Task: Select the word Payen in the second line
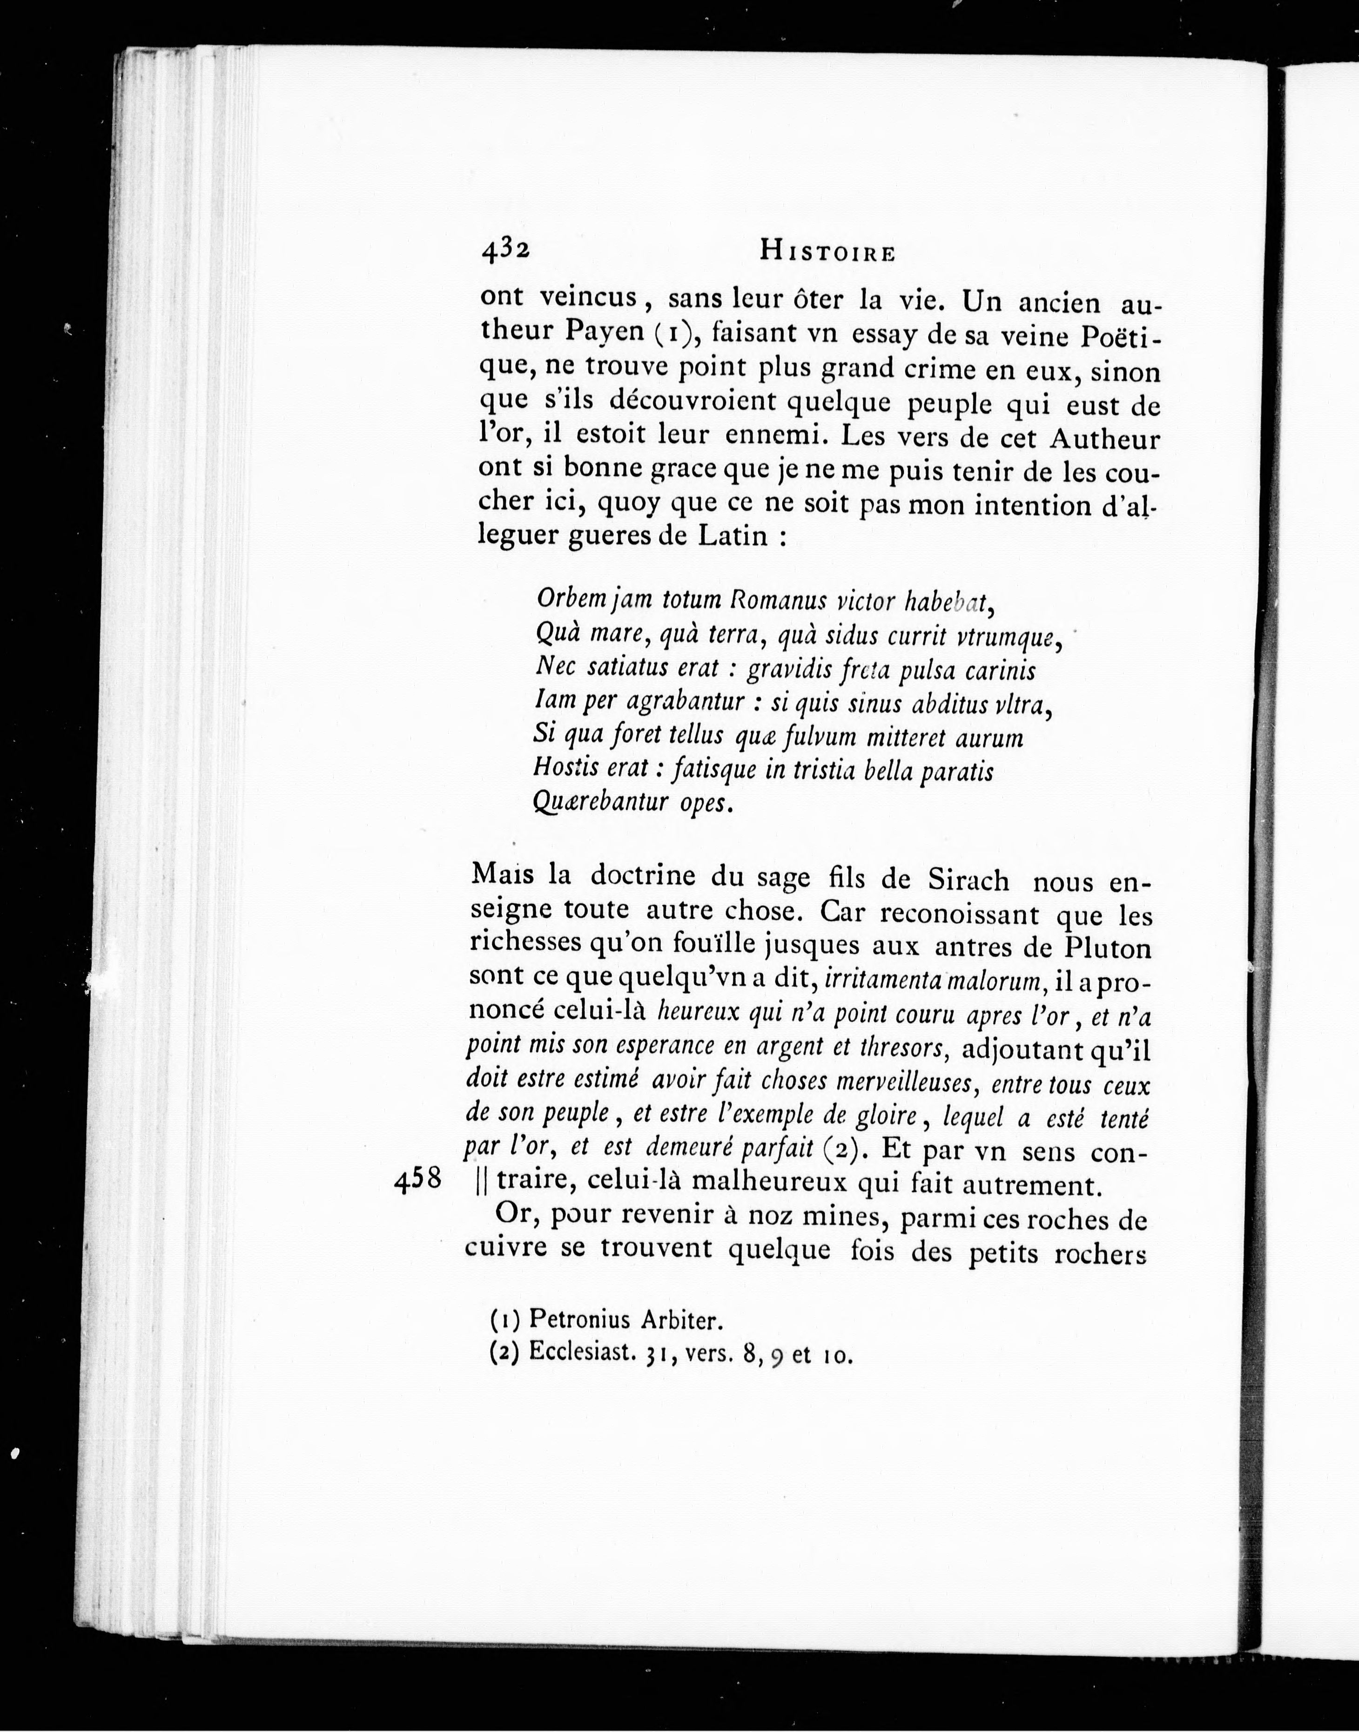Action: point(604,331)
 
